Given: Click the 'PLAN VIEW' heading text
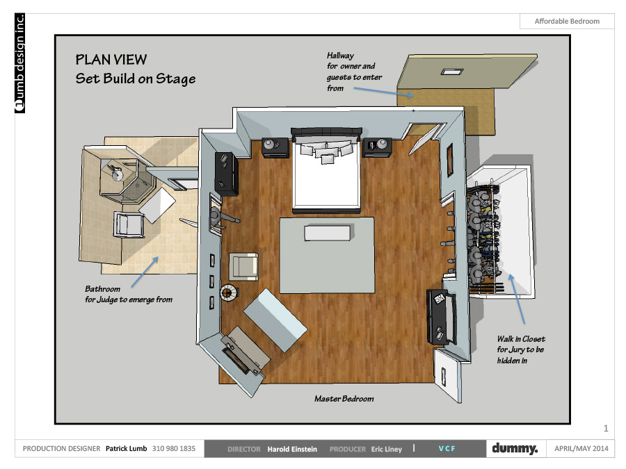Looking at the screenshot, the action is pos(111,60).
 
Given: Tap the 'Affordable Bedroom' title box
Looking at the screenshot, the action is pos(567,21).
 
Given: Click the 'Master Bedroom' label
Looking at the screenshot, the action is pos(344,399).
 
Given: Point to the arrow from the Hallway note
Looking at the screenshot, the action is pos(384,92).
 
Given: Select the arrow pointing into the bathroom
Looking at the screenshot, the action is pos(145,272).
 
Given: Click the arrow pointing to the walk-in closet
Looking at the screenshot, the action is pos(516,299).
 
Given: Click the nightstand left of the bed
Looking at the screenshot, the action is pos(275,147).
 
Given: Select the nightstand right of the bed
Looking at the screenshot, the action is pos(377,147).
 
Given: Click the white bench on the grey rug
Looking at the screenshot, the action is pos(328,233).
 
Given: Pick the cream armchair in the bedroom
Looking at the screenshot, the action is pos(243,266).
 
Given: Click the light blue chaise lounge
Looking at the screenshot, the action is pos(275,320).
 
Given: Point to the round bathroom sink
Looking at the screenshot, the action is pos(118,174).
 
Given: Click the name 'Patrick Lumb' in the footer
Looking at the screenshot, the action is pos(126,449).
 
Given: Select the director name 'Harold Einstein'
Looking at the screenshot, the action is pos(292,449).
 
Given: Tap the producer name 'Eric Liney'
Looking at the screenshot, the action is pos(387,449).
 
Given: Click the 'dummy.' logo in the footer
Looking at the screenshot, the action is pos(515,448).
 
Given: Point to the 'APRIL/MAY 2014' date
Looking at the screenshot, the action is pos(581,449).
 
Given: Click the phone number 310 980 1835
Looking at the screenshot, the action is pos(174,449).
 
